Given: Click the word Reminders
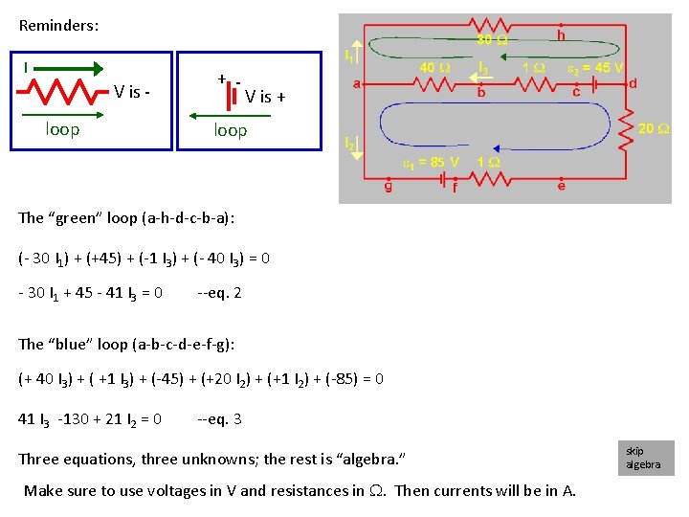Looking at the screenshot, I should pos(58,26).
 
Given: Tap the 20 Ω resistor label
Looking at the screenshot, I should pos(654,128).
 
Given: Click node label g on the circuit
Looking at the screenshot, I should pos(388,186).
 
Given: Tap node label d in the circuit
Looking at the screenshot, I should pos(633,84).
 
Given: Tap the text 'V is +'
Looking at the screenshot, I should pos(265,96).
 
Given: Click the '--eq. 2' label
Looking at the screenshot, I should pos(219,293).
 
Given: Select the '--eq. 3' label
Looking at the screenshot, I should pos(219,418).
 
